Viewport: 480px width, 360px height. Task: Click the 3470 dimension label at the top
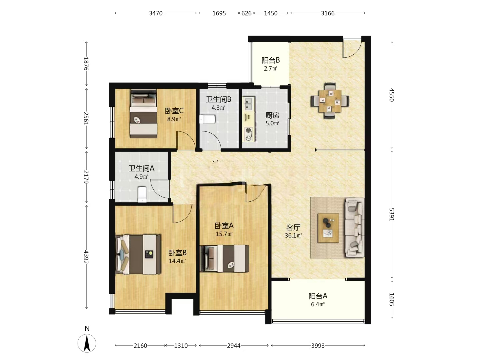pyautogui.click(x=156, y=13)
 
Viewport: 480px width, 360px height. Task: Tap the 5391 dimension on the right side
pyautogui.click(x=392, y=214)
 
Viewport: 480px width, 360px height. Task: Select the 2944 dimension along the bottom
pyautogui.click(x=234, y=346)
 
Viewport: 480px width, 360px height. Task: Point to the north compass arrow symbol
pyautogui.click(x=87, y=343)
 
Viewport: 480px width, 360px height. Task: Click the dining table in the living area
pyautogui.click(x=330, y=101)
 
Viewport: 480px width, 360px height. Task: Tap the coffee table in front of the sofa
pyautogui.click(x=328, y=228)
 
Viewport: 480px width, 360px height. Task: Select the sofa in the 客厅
pyautogui.click(x=355, y=227)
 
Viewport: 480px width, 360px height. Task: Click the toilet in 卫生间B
pyautogui.click(x=207, y=119)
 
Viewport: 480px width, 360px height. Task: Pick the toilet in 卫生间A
pyautogui.click(x=142, y=194)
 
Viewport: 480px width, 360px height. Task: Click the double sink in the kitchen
pyautogui.click(x=249, y=103)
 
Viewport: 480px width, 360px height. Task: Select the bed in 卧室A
pyautogui.click(x=224, y=258)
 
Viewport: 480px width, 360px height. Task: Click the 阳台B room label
pyautogui.click(x=271, y=60)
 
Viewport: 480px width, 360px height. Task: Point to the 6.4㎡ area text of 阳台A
pyautogui.click(x=318, y=304)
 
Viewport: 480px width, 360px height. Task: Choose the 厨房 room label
pyautogui.click(x=272, y=115)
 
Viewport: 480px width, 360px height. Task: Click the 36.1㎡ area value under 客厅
pyautogui.click(x=293, y=235)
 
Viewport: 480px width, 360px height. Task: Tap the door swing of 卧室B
pyautogui.click(x=182, y=213)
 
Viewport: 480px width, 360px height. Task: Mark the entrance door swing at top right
pyautogui.click(x=352, y=49)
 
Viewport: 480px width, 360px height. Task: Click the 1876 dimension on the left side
pyautogui.click(x=86, y=63)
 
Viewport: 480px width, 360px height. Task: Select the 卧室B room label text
pyautogui.click(x=177, y=253)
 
